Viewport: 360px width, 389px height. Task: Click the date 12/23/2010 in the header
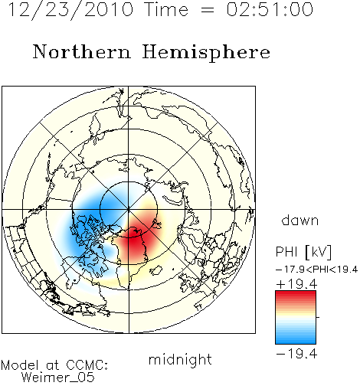click(70, 10)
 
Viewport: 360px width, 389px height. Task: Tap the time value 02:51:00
click(270, 9)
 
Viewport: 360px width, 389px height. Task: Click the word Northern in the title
click(82, 52)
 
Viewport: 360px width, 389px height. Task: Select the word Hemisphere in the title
click(206, 53)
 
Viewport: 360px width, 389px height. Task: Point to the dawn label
click(300, 220)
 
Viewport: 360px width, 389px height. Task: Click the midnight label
click(180, 359)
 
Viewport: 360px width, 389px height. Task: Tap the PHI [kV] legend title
click(304, 252)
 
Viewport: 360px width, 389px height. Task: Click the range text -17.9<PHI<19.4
click(316, 270)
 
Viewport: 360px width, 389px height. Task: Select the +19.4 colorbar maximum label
click(296, 284)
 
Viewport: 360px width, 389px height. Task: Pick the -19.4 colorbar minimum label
click(296, 354)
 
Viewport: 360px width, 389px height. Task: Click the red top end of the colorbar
click(296, 293)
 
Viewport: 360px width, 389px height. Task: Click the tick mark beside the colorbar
click(318, 317)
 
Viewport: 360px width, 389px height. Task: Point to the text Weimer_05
click(58, 378)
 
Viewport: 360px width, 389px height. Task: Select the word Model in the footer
click(20, 365)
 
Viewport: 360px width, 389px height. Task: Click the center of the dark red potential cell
click(135, 239)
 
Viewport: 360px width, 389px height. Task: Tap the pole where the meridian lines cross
click(129, 210)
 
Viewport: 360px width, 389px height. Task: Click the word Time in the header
click(166, 10)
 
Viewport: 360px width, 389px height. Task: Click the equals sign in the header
click(207, 10)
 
